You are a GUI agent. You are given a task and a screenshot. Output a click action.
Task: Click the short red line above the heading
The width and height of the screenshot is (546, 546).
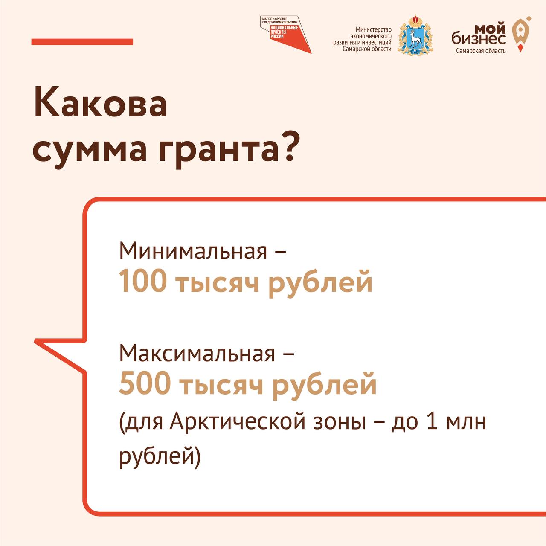coord(82,42)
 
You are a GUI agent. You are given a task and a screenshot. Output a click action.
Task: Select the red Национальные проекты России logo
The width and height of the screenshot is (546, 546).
coord(286,35)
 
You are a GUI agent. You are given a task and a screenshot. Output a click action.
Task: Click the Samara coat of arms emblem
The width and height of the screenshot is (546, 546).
coord(415,35)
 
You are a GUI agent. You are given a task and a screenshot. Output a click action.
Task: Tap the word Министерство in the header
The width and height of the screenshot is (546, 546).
coord(373,29)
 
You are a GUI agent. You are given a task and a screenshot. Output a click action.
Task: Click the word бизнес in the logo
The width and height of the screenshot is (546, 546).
coord(479,39)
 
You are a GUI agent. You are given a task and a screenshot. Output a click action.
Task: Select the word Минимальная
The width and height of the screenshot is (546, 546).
coord(193,251)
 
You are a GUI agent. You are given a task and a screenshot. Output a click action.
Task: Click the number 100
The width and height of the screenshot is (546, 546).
coord(142,282)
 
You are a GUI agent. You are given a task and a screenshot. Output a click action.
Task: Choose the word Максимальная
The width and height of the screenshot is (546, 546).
coord(197,354)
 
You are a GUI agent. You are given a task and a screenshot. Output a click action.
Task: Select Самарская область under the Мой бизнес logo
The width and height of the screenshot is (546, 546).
coord(481,51)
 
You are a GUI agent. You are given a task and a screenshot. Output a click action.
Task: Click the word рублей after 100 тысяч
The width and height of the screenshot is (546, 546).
coord(320,283)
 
